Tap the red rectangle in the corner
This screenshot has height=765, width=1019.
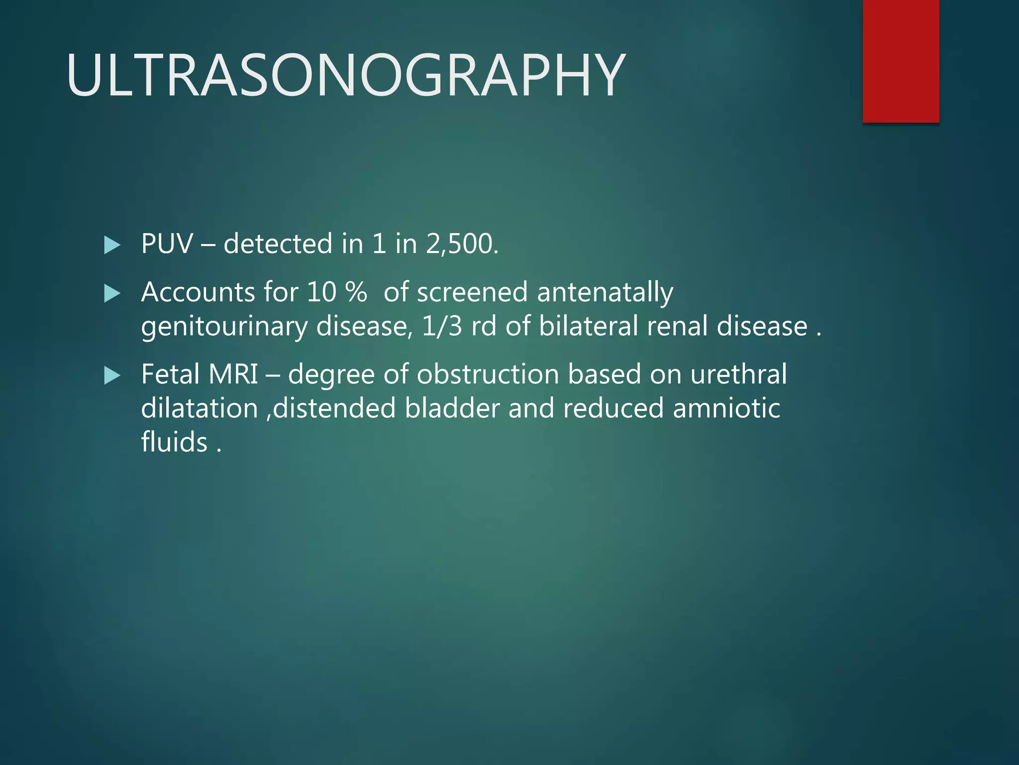[901, 61]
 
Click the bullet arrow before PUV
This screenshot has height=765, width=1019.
[112, 245]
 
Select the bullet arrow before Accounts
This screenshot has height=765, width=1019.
[112, 293]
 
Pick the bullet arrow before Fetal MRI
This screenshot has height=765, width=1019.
[112, 376]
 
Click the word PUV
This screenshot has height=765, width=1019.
[167, 244]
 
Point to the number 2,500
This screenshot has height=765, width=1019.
[462, 244]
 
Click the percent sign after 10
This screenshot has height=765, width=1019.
[356, 292]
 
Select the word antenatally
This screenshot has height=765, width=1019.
[605, 293]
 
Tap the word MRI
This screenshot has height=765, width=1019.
[233, 374]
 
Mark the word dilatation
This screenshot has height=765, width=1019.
[200, 408]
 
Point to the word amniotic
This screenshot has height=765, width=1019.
[726, 408]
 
